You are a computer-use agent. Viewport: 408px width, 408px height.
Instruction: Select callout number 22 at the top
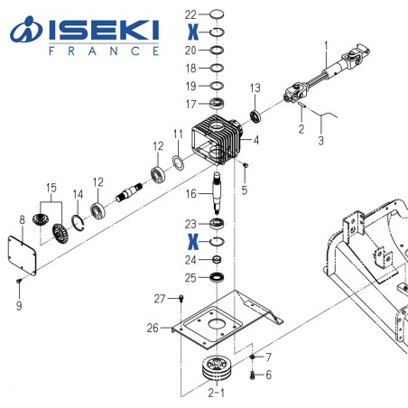pos(190,14)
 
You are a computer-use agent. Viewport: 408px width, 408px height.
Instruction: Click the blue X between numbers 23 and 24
pos(191,242)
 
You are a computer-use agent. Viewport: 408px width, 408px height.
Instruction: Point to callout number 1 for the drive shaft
pos(327,42)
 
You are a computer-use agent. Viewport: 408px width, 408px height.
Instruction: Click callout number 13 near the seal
pos(255,88)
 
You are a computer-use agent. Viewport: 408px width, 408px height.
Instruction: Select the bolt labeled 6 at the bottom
pos(253,374)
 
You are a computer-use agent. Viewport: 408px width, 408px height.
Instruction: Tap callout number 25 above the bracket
pos(190,276)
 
